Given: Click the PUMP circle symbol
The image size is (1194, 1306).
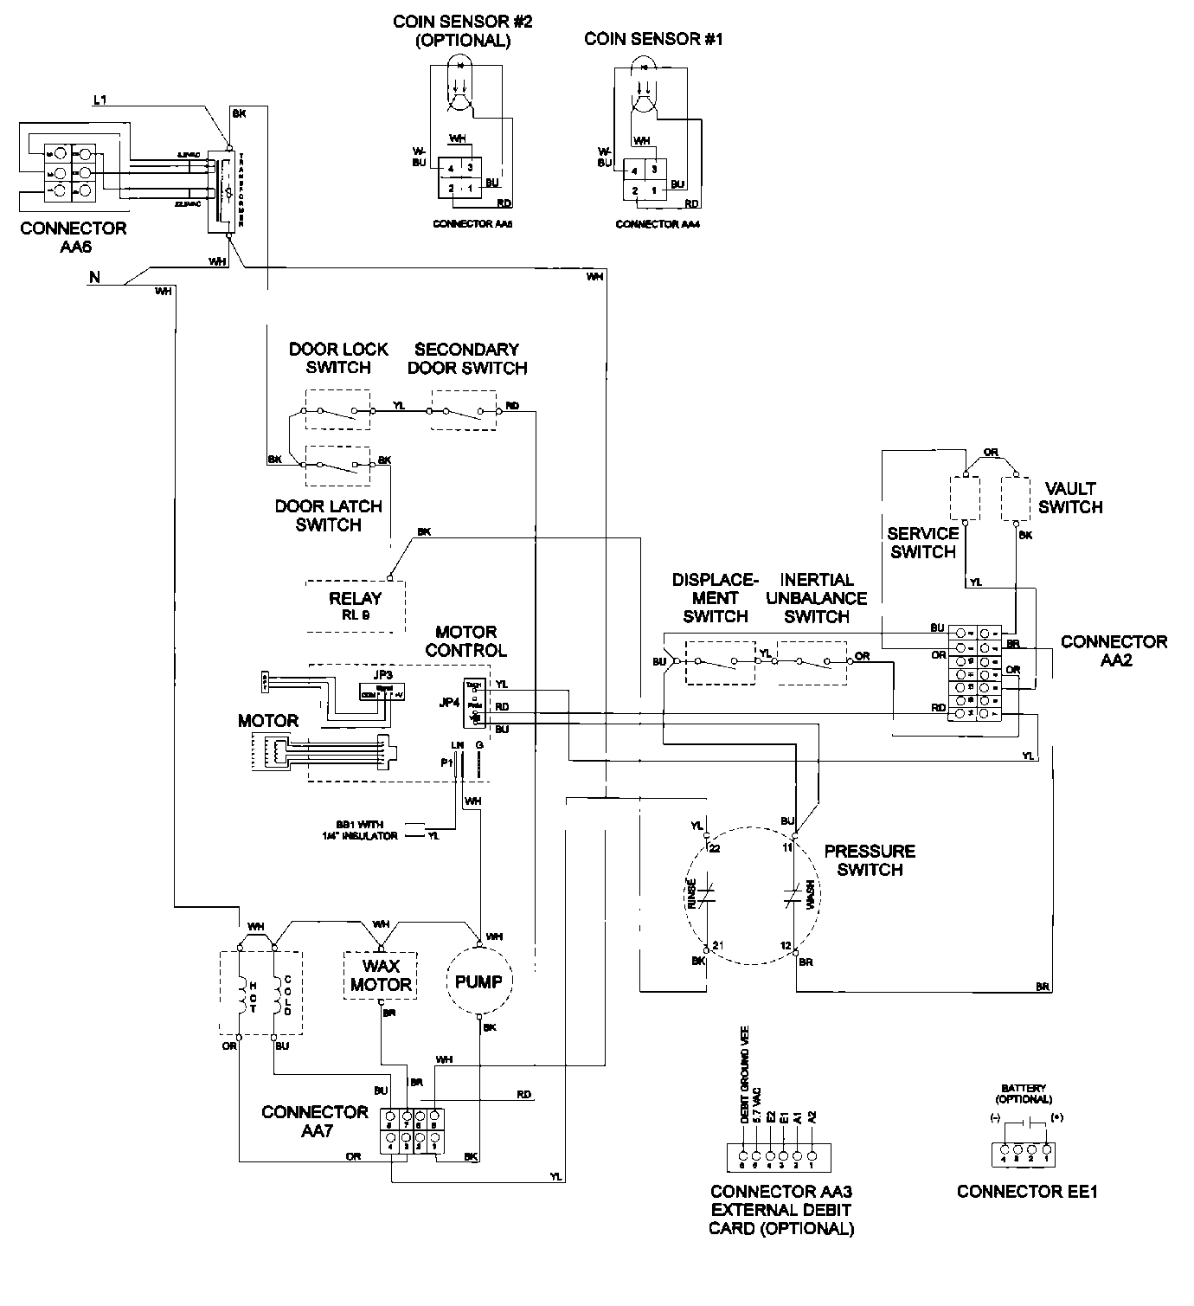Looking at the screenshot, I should point(478,981).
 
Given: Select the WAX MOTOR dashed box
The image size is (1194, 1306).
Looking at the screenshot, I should point(380,976).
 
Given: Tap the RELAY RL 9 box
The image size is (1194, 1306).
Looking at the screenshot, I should point(355,604).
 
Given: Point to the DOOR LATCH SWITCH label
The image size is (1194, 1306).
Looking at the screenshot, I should point(328,515).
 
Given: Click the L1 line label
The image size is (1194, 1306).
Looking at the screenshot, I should point(99,102).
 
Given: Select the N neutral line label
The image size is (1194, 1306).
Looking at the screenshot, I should point(93,278).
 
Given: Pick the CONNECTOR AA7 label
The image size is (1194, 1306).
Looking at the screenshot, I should point(315,1121).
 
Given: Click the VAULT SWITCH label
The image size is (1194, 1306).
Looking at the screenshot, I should point(1070,498).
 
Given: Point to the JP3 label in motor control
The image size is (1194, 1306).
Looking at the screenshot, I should point(382,673).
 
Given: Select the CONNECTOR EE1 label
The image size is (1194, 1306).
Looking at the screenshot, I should point(1027,1192).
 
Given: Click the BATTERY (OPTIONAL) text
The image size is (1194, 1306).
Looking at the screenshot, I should point(1024,1093).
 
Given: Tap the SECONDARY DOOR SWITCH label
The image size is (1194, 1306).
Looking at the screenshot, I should point(467,358).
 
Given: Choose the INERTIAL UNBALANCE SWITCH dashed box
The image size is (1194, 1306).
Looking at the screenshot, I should point(811,662).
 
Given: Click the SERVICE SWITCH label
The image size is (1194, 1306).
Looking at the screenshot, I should point(922,543).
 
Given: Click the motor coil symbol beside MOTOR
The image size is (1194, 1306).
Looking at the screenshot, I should point(277,750).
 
